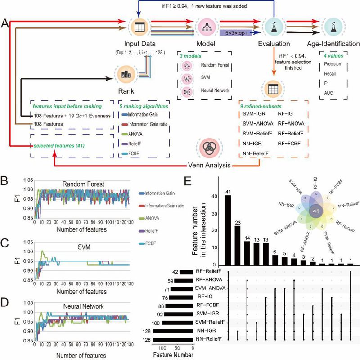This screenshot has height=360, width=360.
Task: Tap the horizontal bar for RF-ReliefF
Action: click(x=189, y=271)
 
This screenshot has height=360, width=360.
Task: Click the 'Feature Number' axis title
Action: click(x=173, y=355)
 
